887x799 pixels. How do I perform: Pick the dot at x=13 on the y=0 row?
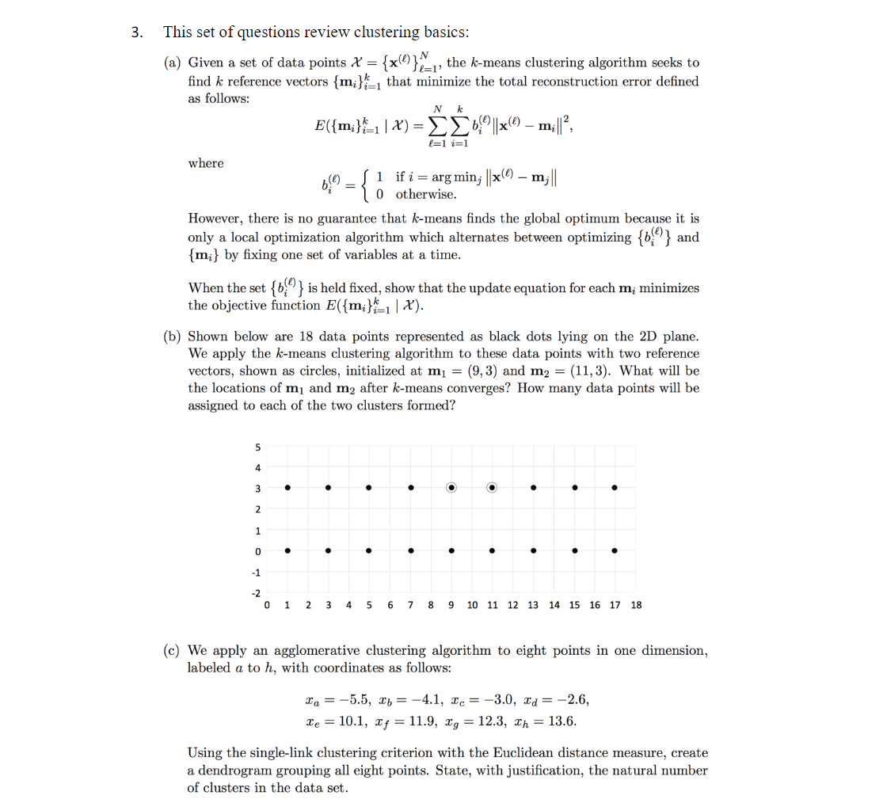point(534,550)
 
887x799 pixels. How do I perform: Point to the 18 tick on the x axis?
point(636,605)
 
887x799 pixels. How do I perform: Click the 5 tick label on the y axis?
point(256,447)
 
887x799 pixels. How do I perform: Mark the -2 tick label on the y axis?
point(254,592)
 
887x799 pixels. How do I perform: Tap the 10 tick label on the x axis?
point(472,605)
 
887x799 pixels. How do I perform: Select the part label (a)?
point(172,63)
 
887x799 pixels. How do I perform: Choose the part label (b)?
point(172,337)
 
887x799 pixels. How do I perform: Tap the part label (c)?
point(172,651)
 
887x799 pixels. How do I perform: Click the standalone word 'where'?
point(206,163)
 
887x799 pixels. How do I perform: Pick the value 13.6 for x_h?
point(561,721)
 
